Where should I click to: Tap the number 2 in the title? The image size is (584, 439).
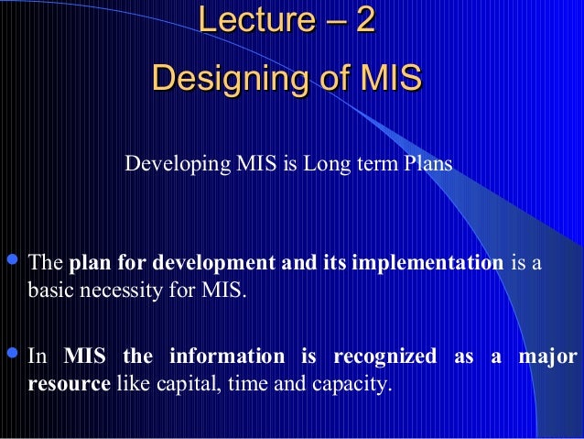point(364,22)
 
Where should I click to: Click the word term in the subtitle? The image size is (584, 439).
point(377,165)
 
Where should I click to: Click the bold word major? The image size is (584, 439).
point(552,357)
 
